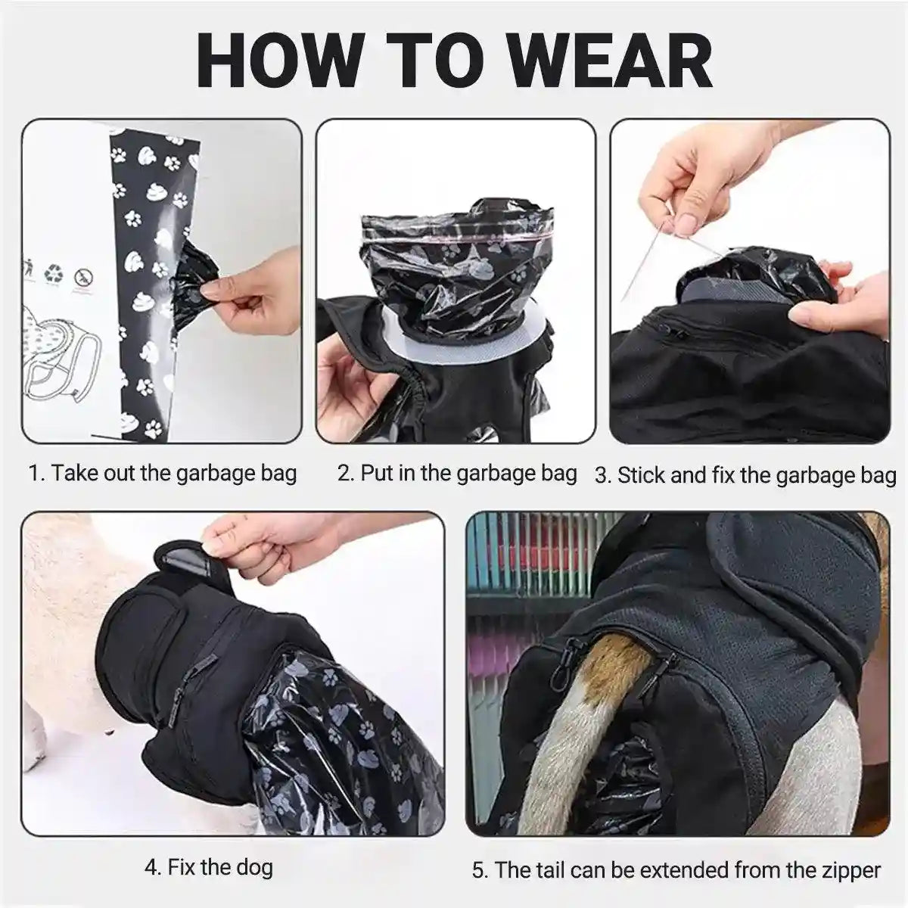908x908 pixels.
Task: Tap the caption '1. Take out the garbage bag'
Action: click(x=163, y=474)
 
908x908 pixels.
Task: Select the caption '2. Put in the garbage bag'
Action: click(x=457, y=474)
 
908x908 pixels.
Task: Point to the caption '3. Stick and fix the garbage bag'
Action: click(x=745, y=476)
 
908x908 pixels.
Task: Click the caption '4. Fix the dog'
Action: click(x=209, y=866)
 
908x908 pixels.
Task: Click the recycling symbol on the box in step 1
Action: click(x=54, y=273)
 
